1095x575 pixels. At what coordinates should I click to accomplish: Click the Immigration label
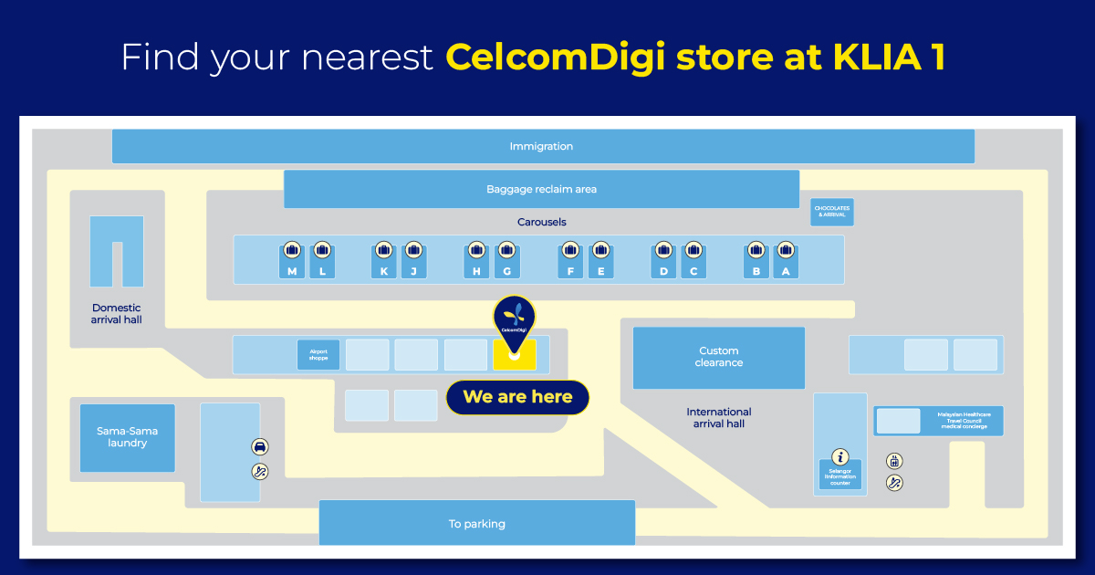541,146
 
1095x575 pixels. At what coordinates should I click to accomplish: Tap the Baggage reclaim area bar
541,189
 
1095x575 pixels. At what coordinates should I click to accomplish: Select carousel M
292,271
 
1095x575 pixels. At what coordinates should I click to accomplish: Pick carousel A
786,271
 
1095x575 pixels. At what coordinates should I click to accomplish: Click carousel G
506,271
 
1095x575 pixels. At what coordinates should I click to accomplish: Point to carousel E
600,271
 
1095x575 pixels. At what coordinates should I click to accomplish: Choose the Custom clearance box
719,357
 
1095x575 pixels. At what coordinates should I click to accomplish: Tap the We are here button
517,397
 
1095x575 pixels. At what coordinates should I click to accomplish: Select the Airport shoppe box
318,355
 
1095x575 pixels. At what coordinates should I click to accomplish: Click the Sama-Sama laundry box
127,437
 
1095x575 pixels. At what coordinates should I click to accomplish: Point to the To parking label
476,524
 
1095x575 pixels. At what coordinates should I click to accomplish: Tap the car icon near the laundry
260,446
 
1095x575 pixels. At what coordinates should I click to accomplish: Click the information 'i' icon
840,456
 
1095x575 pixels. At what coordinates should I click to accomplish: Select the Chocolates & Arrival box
832,212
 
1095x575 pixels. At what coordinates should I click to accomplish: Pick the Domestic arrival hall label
116,314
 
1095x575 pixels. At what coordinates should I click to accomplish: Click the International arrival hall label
719,417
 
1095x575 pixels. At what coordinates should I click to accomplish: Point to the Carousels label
541,222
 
